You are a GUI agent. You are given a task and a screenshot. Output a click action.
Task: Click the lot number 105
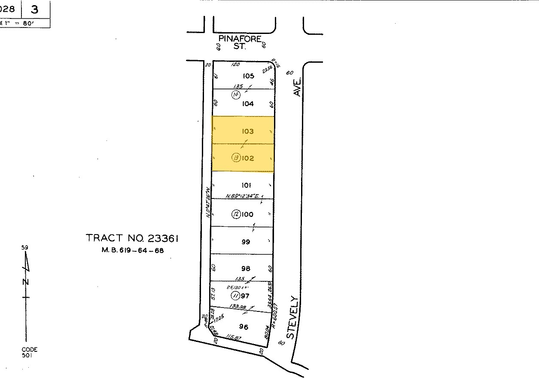[x=248, y=76]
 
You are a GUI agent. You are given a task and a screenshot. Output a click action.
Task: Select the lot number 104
[x=248, y=104]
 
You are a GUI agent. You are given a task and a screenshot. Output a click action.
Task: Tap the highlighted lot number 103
[x=248, y=131]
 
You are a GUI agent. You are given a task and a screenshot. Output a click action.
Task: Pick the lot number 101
[x=246, y=185]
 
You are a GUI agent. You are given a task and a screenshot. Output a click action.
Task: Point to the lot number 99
[x=246, y=242]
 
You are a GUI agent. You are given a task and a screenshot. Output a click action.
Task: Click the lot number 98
[x=246, y=268]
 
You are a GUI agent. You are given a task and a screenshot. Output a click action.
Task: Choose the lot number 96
[x=244, y=327]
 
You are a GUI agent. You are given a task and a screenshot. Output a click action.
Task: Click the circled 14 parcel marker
[x=235, y=95]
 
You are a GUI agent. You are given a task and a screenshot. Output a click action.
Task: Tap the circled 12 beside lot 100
[x=235, y=214]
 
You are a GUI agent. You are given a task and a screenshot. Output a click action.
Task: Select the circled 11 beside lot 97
[x=235, y=296]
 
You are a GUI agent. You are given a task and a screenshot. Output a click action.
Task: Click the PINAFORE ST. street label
[x=240, y=42]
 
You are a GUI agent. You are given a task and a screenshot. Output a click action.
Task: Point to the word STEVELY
[x=292, y=317]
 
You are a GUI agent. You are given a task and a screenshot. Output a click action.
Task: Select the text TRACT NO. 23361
[x=132, y=238]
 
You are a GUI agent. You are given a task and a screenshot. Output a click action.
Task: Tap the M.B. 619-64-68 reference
[x=132, y=250]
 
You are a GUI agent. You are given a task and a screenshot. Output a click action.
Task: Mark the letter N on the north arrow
[x=26, y=282]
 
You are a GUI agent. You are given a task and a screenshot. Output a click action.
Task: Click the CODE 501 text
[x=30, y=352]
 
